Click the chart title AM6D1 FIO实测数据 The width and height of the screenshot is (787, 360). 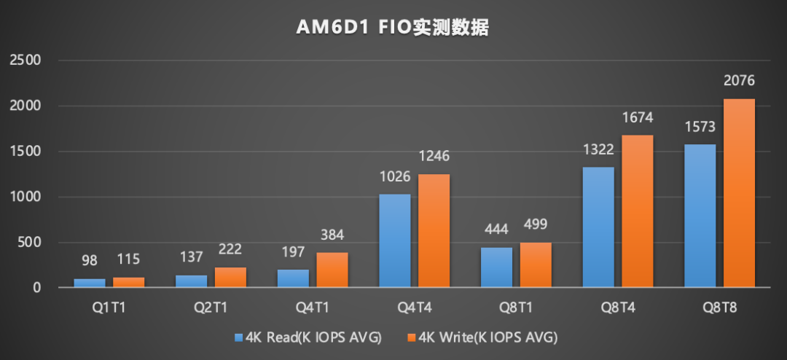(x=392, y=28)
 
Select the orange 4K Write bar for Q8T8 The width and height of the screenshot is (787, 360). (x=739, y=193)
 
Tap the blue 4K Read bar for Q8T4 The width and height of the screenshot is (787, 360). (x=598, y=227)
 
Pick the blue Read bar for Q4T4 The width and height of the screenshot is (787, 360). (x=394, y=240)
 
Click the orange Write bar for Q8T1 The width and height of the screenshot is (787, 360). (x=536, y=265)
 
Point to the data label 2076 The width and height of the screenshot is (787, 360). (x=739, y=81)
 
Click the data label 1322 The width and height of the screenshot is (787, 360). (x=598, y=149)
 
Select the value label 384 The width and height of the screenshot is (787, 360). (x=332, y=235)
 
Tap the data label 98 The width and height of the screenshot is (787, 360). (x=90, y=259)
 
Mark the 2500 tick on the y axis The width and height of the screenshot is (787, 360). (x=26, y=60)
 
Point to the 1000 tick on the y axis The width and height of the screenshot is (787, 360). (x=26, y=197)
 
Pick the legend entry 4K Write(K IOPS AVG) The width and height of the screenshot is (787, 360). (x=483, y=337)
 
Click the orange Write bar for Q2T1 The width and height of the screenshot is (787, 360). (x=230, y=278)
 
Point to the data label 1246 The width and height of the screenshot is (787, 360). (x=434, y=156)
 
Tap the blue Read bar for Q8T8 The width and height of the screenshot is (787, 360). (x=700, y=216)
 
